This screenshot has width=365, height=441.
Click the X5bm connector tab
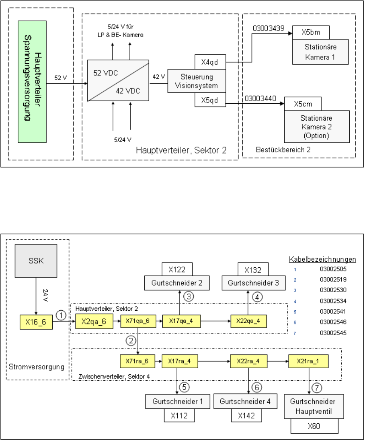(x=311, y=32)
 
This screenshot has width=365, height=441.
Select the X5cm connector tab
(x=303, y=104)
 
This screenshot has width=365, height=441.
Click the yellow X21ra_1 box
(x=309, y=361)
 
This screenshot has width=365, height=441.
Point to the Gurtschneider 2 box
(x=177, y=283)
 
